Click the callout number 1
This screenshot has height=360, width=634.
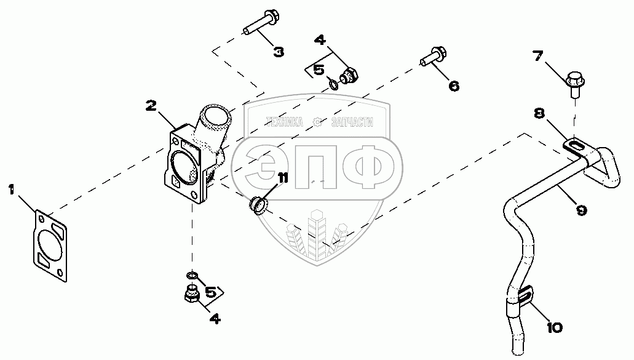(x=11, y=190)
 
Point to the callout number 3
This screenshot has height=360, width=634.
(x=279, y=52)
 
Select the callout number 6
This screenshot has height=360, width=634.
(x=454, y=86)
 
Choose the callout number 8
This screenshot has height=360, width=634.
(x=539, y=113)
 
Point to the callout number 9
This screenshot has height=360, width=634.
(x=581, y=209)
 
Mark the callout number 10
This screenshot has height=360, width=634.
(x=553, y=327)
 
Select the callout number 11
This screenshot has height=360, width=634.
(x=282, y=178)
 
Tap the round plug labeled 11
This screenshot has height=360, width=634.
(x=258, y=205)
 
